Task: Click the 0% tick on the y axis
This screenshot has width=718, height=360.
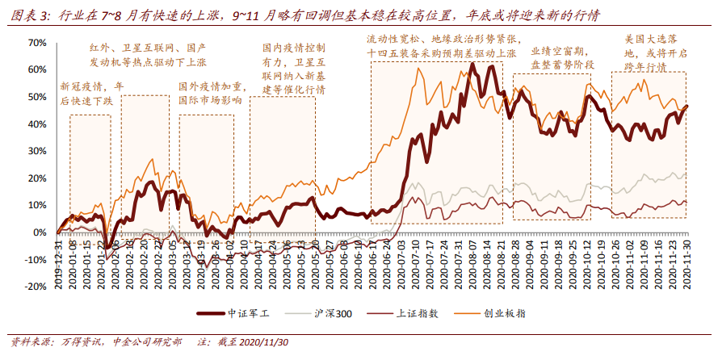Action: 39,232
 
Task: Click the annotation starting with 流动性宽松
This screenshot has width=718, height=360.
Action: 443,46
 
